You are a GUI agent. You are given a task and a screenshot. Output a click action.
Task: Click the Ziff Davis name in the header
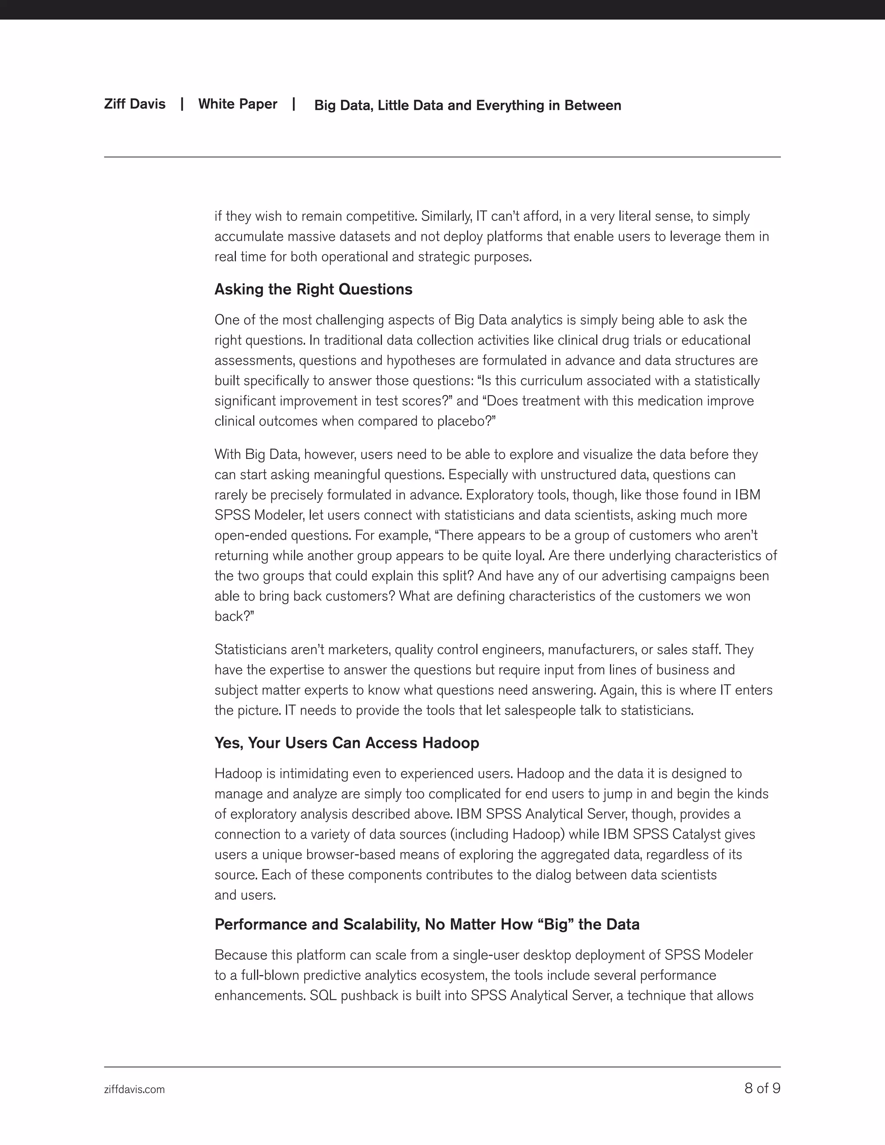click(134, 104)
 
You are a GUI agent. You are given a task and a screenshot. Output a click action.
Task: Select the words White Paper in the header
click(238, 104)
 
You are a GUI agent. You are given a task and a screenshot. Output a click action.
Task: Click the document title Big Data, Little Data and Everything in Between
click(467, 105)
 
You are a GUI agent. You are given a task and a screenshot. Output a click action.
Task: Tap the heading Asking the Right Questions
click(313, 289)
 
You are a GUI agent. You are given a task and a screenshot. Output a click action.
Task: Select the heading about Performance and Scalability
click(427, 924)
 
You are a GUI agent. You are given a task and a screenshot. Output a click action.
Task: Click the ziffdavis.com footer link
click(134, 1089)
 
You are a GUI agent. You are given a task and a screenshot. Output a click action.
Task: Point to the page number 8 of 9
click(762, 1088)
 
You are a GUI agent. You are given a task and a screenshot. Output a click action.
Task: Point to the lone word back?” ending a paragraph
click(234, 617)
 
